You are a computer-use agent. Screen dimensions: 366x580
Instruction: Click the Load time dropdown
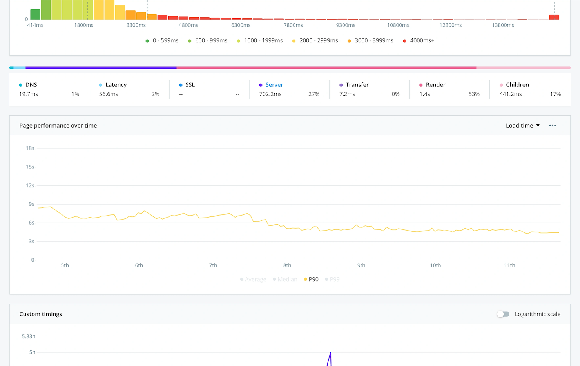[522, 126]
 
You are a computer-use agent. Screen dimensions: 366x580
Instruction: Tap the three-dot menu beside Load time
[553, 126]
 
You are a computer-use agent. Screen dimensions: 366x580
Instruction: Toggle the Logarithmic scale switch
[503, 314]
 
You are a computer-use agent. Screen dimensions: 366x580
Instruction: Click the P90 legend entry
[311, 280]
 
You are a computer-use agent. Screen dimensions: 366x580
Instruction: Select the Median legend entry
[285, 280]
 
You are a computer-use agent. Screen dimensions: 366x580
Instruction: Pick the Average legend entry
[253, 280]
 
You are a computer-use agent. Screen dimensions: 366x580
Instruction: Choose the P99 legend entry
[332, 280]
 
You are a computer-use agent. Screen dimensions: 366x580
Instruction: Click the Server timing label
[274, 85]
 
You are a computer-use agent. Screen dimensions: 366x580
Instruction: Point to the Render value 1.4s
[425, 94]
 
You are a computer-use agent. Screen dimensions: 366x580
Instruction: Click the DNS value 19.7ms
[29, 94]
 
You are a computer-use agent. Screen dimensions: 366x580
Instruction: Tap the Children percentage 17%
[555, 94]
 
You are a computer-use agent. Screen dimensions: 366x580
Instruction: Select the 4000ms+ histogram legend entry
[419, 41]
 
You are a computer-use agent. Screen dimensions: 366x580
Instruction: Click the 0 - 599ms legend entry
[162, 41]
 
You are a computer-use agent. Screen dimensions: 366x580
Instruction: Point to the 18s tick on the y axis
[30, 148]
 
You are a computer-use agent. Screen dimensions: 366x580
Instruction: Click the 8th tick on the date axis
[287, 265]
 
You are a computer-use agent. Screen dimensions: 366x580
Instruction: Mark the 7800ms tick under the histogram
[293, 25]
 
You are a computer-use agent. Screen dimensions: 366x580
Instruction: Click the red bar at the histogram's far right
[554, 17]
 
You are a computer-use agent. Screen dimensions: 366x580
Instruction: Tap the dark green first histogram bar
[35, 15]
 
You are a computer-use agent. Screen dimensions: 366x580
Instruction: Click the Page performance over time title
[58, 126]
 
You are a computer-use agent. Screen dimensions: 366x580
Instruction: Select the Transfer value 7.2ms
[347, 94]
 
